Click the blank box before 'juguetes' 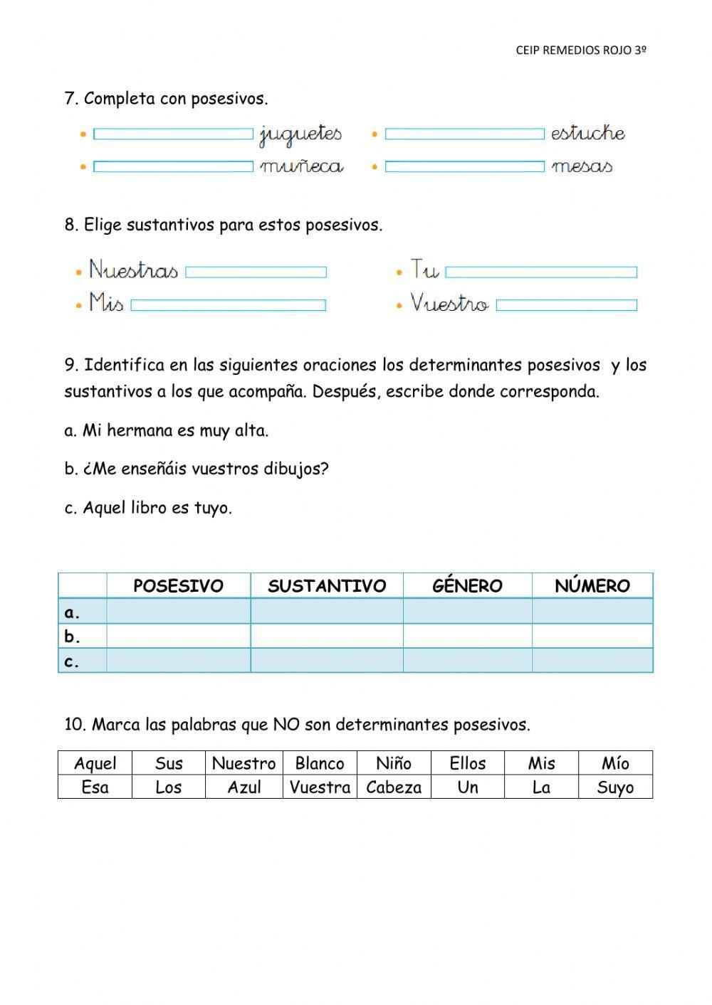point(173,134)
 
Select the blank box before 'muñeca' point(173,166)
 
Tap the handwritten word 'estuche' point(587,133)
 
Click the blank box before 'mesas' point(464,166)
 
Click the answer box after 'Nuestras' point(256,272)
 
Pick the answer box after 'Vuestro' point(566,305)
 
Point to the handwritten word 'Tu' point(425,270)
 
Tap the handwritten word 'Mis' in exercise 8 point(106,304)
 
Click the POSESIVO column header point(178,586)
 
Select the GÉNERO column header point(467,586)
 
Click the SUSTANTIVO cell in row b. point(326,636)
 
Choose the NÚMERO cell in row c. point(592,661)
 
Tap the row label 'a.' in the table point(72,612)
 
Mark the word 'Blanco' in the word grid point(320,763)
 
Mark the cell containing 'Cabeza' point(394,787)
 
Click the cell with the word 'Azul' point(244,787)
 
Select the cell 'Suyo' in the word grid point(615,787)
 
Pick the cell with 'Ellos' point(468,763)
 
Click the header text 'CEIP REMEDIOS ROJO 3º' point(581,50)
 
